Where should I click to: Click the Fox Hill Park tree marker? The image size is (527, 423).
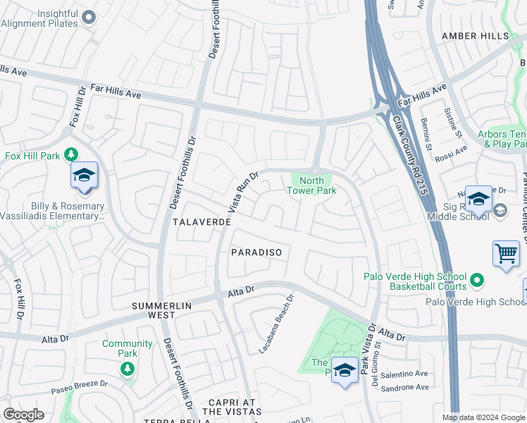tap(70, 154)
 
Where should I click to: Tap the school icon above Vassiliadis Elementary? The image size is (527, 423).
tap(84, 176)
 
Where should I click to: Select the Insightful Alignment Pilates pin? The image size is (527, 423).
tap(88, 17)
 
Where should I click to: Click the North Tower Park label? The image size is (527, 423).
tap(313, 185)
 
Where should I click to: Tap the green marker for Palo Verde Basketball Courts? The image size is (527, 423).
tap(477, 281)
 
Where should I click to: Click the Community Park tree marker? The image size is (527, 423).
tap(127, 368)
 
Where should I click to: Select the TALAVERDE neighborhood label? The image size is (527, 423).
tap(201, 221)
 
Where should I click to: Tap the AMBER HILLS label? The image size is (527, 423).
tap(474, 36)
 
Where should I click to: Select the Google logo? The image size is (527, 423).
tap(23, 415)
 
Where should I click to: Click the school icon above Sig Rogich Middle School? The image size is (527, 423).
tap(478, 200)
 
